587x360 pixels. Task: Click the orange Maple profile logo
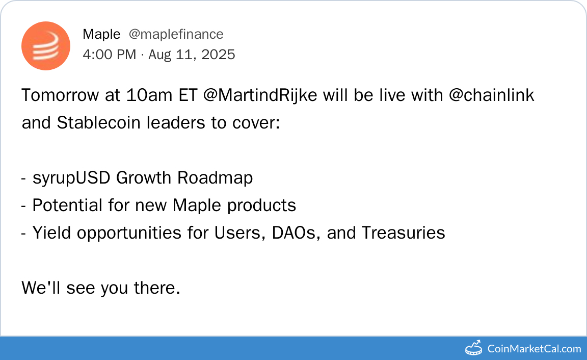(46, 46)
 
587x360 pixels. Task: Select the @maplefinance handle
(176, 35)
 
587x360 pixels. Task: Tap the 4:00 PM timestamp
(110, 55)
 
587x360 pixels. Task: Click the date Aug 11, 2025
(192, 55)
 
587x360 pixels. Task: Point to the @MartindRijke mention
(260, 95)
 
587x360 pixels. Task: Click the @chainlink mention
(491, 95)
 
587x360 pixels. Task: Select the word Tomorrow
(60, 95)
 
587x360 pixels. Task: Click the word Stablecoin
(98, 122)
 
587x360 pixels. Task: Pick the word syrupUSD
(71, 178)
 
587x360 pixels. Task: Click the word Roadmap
(215, 178)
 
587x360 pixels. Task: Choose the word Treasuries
(404, 233)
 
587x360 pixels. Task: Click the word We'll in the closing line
(41, 288)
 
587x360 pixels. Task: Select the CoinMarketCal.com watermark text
(534, 349)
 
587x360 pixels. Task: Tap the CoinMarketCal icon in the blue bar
(473, 348)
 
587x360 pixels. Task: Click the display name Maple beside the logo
(101, 35)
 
